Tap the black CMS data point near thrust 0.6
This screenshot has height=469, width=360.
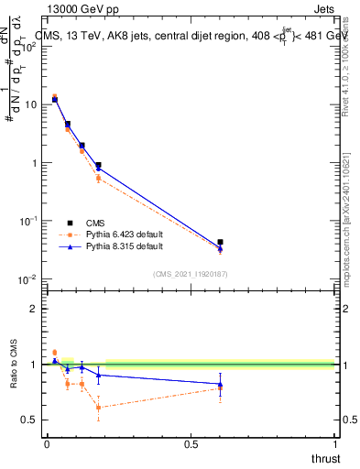tap(220, 242)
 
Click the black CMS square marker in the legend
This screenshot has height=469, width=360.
tap(70, 222)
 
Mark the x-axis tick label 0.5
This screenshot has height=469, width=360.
tap(191, 444)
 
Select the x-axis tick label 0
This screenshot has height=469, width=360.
tap(47, 444)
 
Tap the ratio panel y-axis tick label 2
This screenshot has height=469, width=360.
tap(33, 309)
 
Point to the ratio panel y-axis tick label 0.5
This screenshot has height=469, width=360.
tap(28, 420)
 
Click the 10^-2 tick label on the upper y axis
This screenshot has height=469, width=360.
tap(28, 278)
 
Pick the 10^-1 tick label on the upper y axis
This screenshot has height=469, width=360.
tap(28, 221)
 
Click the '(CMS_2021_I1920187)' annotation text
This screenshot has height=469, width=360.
tap(191, 273)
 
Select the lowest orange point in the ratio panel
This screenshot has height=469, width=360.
tap(98, 408)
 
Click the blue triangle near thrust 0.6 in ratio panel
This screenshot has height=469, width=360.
tap(220, 384)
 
